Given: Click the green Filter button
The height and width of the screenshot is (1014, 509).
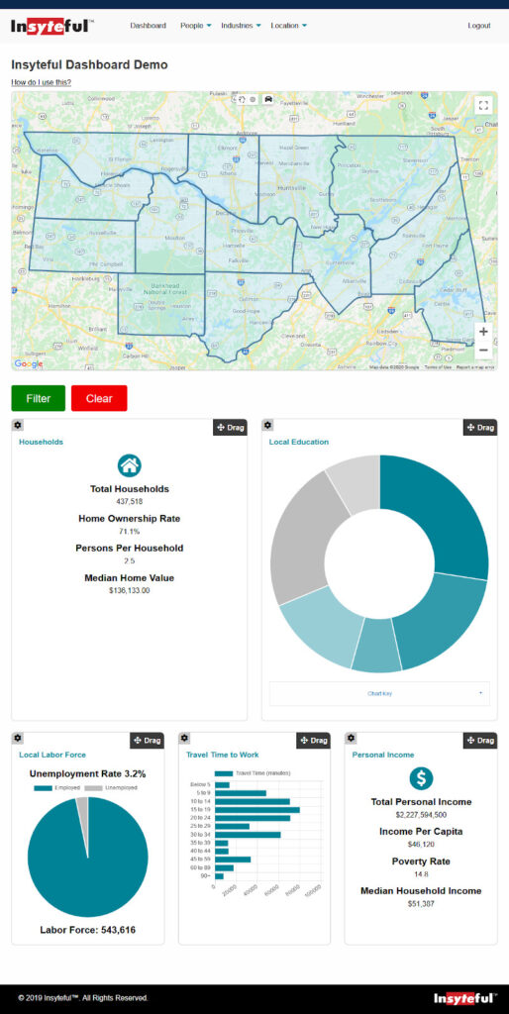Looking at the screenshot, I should coord(39,398).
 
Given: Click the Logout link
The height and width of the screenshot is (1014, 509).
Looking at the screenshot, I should coord(478,25).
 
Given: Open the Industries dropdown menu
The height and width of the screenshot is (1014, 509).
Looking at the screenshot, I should coord(241,25).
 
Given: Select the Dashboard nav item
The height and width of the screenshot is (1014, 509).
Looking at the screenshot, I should coord(148,25).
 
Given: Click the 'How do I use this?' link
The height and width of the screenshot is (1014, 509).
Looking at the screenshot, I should coord(41,82).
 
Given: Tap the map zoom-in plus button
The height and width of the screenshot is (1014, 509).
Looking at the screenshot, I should coord(482,332).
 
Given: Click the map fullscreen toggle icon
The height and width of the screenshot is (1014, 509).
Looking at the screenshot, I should coord(482,105).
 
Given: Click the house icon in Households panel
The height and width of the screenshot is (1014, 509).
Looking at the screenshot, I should coord(129,465).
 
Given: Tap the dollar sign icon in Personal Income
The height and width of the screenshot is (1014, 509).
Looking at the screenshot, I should coord(421,778).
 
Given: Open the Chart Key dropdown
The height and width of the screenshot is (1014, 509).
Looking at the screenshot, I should coord(379,693).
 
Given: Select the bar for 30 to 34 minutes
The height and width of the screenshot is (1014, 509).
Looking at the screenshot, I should coord(248,835).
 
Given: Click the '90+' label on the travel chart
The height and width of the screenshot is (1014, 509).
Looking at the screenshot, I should coord(204,876).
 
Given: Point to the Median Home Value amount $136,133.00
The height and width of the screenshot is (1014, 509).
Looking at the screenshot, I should coord(129,590).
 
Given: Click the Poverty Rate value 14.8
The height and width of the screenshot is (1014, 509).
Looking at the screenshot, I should coord(421,874).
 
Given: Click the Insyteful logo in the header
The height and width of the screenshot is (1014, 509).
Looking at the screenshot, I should coord(52,25).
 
